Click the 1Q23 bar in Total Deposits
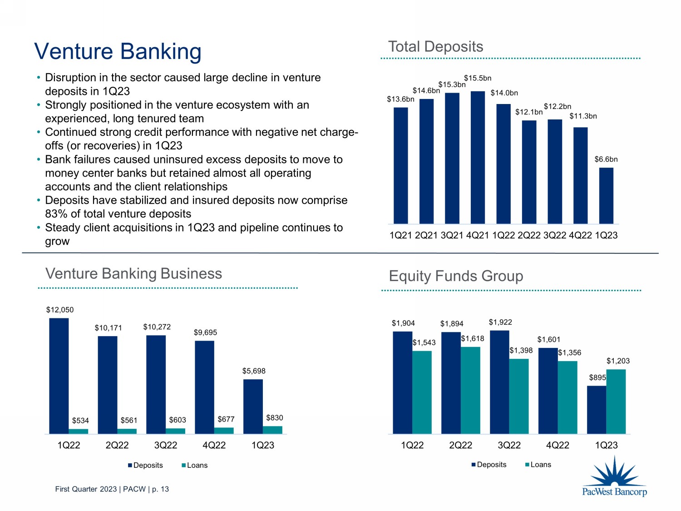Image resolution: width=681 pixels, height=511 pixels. pyautogui.click(x=606, y=196)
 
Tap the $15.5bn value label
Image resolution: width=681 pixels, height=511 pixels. pyautogui.click(x=478, y=78)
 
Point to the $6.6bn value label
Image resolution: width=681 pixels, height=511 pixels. pyautogui.click(x=606, y=159)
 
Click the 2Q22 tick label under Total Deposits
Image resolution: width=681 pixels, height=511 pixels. pyautogui.click(x=529, y=235)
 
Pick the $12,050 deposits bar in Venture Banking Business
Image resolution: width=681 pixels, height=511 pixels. pyautogui.click(x=59, y=376)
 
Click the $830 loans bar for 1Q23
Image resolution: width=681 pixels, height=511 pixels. pyautogui.click(x=272, y=430)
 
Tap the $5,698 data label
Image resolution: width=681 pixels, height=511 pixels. pyautogui.click(x=254, y=371)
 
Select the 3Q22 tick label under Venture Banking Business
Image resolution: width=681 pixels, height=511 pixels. pyautogui.click(x=166, y=445)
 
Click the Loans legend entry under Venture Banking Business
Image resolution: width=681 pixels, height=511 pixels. pyautogui.click(x=195, y=465)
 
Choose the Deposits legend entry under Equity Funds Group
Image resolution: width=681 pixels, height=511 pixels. pyautogui.click(x=489, y=465)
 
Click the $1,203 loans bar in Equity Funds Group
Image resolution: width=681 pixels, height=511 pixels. pyautogui.click(x=616, y=402)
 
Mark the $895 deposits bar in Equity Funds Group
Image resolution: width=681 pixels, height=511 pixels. pyautogui.click(x=597, y=410)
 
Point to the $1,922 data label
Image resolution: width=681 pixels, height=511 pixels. pyautogui.click(x=500, y=322)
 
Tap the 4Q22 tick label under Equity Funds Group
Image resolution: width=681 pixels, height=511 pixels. pyautogui.click(x=558, y=445)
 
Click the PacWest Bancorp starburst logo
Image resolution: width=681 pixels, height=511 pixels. pyautogui.click(x=614, y=475)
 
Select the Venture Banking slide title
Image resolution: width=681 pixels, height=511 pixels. pyautogui.click(x=118, y=51)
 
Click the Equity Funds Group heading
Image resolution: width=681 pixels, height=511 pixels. pyautogui.click(x=456, y=276)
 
